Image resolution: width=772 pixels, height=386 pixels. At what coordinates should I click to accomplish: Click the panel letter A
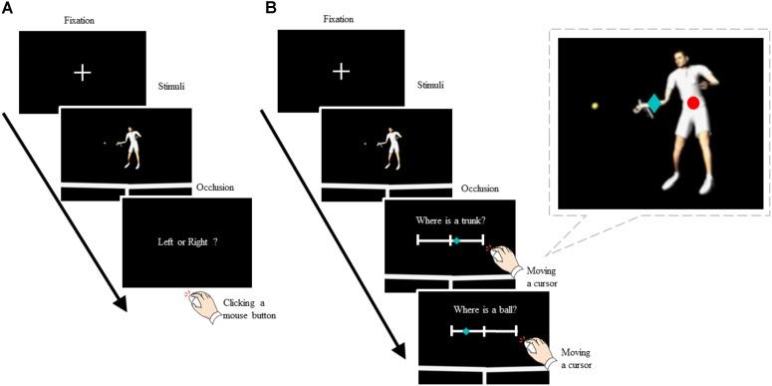pyautogui.click(x=7, y=8)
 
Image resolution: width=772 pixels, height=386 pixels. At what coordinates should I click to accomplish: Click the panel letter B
pyautogui.click(x=269, y=8)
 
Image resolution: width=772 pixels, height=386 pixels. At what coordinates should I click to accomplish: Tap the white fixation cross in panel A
pyautogui.click(x=83, y=72)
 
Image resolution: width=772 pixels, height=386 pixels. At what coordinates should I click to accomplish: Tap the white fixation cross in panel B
pyautogui.click(x=342, y=72)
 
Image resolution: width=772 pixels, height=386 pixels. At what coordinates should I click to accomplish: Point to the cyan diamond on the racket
pyautogui.click(x=653, y=103)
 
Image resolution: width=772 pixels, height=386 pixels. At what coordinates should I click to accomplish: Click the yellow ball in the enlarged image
pyautogui.click(x=595, y=105)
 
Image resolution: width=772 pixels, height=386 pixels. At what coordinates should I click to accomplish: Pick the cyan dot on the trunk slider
pyautogui.click(x=456, y=240)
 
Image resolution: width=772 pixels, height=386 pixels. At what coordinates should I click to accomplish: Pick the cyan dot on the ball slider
pyautogui.click(x=465, y=330)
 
